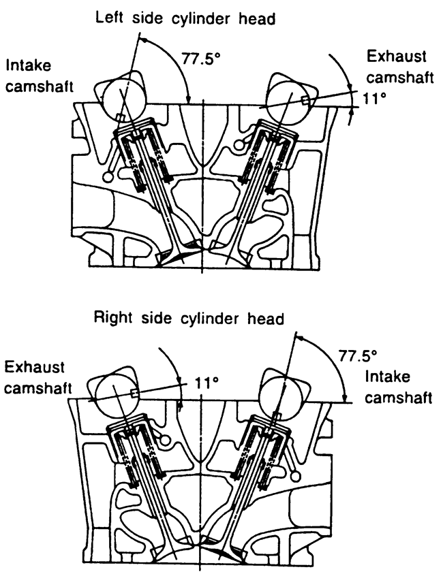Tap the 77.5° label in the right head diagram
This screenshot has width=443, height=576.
click(x=356, y=355)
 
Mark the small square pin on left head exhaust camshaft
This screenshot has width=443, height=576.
click(x=305, y=101)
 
